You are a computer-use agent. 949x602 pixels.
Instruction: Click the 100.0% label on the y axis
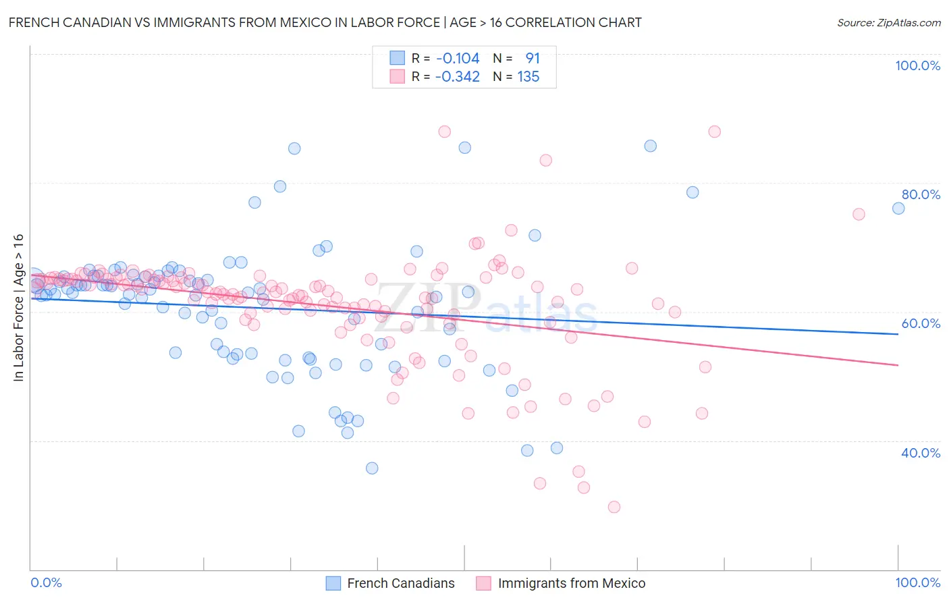[x=917, y=65]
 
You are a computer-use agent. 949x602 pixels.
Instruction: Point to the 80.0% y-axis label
[x=921, y=194]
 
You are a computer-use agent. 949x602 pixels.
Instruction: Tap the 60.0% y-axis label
[x=921, y=323]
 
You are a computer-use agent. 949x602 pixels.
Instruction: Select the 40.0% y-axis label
[x=921, y=453]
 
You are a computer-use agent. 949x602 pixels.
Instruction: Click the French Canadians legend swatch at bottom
[x=333, y=583]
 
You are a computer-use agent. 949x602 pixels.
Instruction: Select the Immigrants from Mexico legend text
[x=571, y=583]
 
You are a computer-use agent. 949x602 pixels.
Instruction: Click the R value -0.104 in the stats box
[x=458, y=59]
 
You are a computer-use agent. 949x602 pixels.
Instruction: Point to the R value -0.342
[x=457, y=77]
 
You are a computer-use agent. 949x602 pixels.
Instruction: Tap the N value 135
[x=528, y=77]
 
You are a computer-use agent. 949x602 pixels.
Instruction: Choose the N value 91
[x=533, y=59]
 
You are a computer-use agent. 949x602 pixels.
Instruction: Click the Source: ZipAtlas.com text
[x=888, y=23]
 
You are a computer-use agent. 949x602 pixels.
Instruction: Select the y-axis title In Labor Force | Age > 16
[x=19, y=308]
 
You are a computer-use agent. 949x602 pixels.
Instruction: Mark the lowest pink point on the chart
[x=614, y=507]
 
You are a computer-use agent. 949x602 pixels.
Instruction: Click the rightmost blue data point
[x=898, y=209]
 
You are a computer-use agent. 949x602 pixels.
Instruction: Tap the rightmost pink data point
[x=859, y=214]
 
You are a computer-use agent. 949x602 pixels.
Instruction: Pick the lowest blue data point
[x=372, y=468]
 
